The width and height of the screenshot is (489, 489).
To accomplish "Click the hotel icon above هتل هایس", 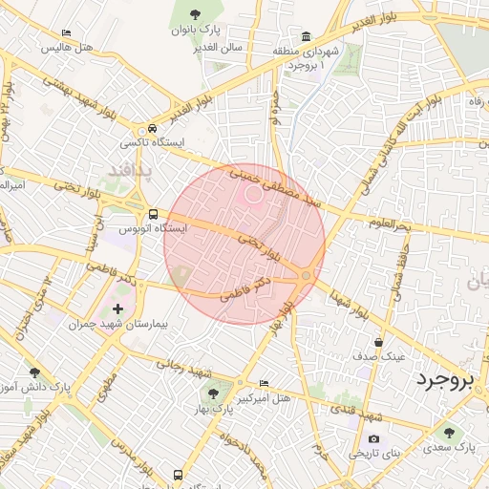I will pyautogui.click(x=65, y=32).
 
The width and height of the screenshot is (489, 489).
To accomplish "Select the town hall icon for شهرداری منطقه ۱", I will pyautogui.click(x=306, y=36).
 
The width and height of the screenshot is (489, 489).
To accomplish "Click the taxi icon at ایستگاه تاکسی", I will pyautogui.click(x=153, y=129).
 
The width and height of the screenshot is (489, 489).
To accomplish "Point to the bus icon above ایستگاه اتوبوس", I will pyautogui.click(x=153, y=214).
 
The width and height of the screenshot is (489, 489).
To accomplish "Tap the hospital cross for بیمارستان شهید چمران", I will pyautogui.click(x=118, y=308).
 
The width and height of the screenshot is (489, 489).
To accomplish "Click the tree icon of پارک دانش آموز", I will pyautogui.click(x=35, y=372).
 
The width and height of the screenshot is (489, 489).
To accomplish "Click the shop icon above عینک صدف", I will pyautogui.click(x=379, y=341).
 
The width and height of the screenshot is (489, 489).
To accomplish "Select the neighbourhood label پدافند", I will pyautogui.click(x=124, y=170).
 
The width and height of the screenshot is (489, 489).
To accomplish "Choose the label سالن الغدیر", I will pyautogui.click(x=218, y=46).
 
